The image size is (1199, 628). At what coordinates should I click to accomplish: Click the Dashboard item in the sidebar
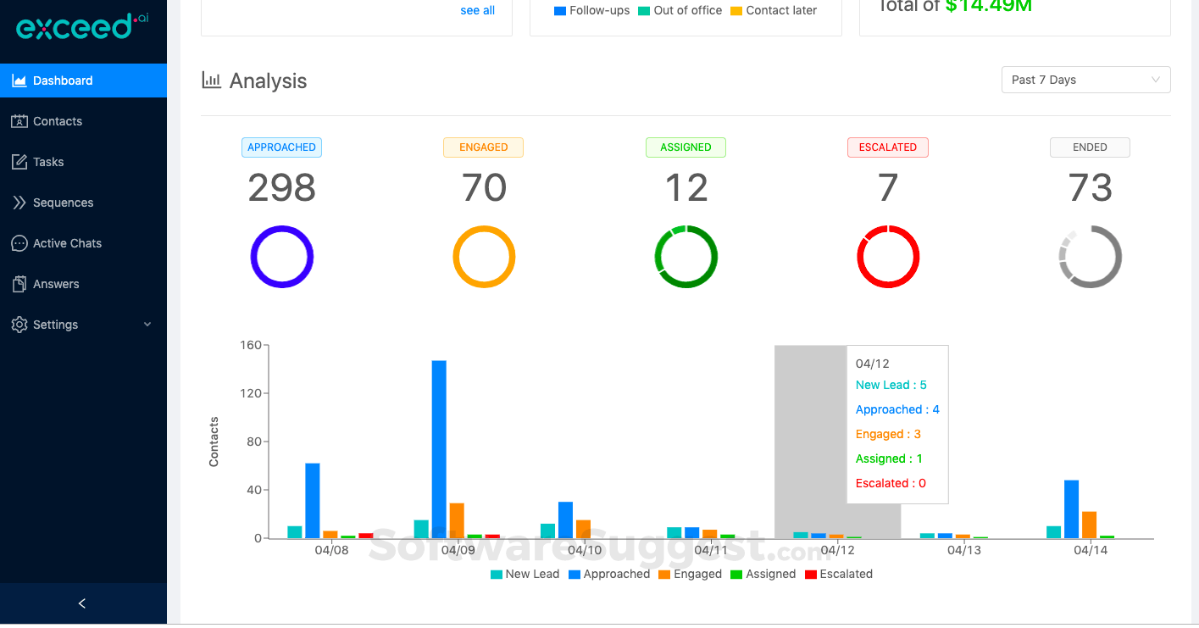(x=63, y=81)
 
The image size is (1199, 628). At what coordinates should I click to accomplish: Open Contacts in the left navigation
(x=57, y=121)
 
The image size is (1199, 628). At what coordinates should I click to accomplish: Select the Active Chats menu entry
(x=67, y=243)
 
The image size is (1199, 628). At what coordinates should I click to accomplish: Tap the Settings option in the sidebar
(x=55, y=325)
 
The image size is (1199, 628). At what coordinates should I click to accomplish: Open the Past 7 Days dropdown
(x=1085, y=80)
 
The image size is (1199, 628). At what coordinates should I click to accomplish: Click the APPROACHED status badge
(x=281, y=147)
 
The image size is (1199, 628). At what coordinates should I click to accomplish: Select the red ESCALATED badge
(x=887, y=147)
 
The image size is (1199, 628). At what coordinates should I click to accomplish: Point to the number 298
(x=281, y=187)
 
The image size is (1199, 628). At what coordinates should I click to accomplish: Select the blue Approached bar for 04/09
(x=439, y=449)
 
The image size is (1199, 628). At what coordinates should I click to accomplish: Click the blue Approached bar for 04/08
(x=313, y=500)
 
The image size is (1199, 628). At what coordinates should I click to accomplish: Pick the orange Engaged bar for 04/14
(x=1090, y=525)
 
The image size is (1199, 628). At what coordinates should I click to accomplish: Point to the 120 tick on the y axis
(x=251, y=393)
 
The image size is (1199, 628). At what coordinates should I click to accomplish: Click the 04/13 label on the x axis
(x=963, y=550)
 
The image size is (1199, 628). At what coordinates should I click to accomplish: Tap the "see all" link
(x=477, y=10)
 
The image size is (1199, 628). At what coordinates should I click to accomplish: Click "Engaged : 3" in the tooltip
(x=888, y=434)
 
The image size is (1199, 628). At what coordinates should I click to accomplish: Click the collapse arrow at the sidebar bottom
(x=82, y=603)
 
